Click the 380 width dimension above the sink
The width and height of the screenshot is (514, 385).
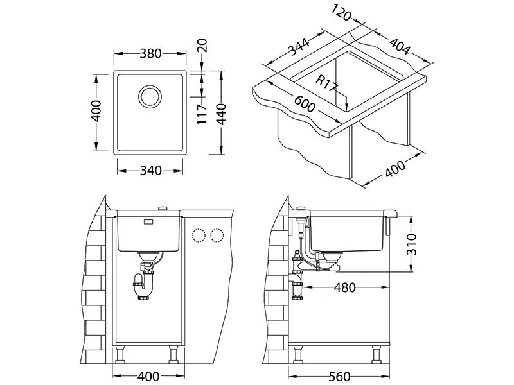tap(150, 54)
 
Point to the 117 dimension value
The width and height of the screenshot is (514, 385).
tap(200, 114)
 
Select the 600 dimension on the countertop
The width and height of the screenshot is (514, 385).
tap(305, 103)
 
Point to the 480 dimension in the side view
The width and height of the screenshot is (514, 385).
tap(345, 287)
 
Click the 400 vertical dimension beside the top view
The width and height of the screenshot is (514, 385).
tap(96, 113)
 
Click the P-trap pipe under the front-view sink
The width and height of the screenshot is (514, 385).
tap(145, 282)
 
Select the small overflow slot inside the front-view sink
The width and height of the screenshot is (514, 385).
tap(148, 222)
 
